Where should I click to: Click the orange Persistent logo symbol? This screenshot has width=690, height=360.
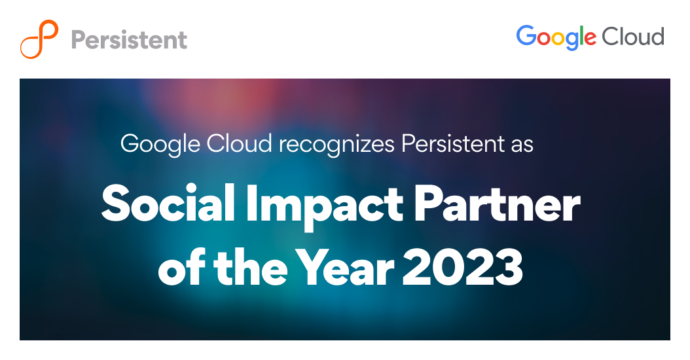click(40, 39)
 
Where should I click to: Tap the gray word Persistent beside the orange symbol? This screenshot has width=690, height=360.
click(129, 39)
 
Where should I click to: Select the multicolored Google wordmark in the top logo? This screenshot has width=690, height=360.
click(556, 37)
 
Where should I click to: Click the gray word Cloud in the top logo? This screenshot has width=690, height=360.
click(633, 37)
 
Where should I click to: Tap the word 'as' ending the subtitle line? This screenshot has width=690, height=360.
click(522, 144)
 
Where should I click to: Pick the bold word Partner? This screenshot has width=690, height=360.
click(494, 203)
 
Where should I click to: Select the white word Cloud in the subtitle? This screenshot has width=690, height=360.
click(239, 144)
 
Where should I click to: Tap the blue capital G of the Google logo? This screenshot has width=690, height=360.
click(527, 36)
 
